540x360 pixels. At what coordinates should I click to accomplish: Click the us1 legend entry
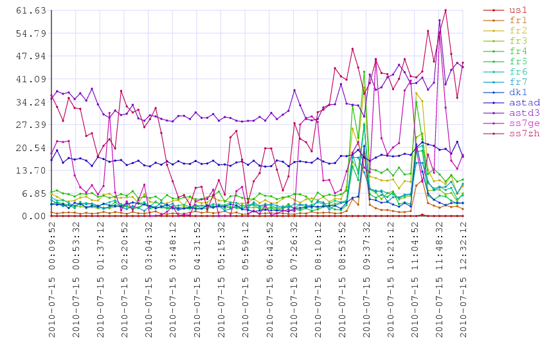tap(505, 10)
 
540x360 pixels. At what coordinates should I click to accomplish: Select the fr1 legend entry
tap(505, 21)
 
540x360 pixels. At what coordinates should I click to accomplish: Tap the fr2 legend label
tap(518, 31)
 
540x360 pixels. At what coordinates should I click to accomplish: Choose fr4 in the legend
tap(505, 51)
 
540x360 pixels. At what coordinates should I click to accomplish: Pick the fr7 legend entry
tap(505, 82)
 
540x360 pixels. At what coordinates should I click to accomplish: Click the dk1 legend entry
tap(505, 93)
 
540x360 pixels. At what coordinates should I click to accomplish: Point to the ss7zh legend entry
tap(512, 133)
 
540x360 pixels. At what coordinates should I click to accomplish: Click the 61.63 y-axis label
tap(31, 11)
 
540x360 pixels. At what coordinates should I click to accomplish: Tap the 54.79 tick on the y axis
tap(31, 33)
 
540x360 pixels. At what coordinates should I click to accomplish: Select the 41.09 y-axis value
tap(31, 79)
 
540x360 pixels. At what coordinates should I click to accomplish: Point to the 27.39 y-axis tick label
tap(31, 125)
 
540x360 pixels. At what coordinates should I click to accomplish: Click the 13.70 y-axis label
tap(31, 170)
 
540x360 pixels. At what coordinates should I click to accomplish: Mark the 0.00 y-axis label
tap(34, 217)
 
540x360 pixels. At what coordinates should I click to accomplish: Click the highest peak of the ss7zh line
tap(446, 10)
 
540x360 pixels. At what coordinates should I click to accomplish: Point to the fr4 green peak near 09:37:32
tap(364, 71)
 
